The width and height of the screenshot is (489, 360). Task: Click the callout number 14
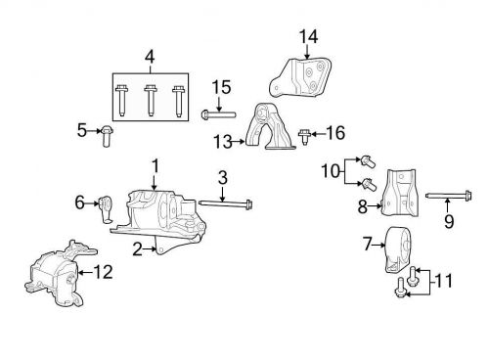click(x=309, y=37)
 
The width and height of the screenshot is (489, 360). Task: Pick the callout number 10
click(x=330, y=172)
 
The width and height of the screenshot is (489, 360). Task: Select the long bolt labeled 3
click(x=225, y=204)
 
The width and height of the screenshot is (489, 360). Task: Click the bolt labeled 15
click(x=218, y=115)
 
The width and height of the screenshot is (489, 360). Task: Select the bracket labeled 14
click(x=303, y=75)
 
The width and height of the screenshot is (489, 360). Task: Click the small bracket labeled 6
click(x=107, y=207)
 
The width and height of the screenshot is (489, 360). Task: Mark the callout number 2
click(x=137, y=248)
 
